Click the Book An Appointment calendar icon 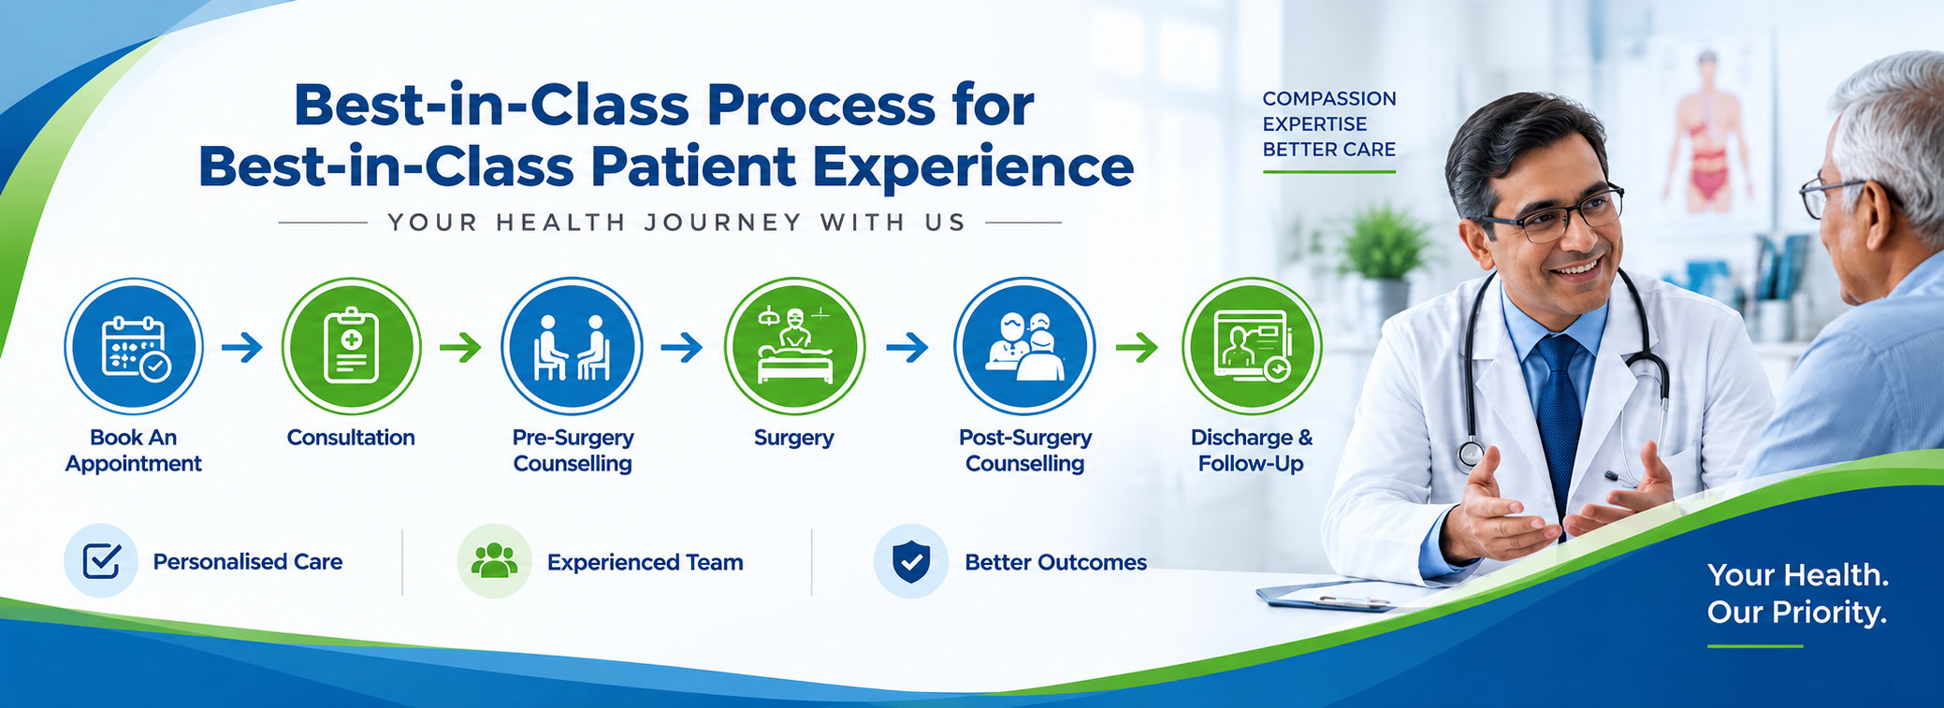pos(134,346)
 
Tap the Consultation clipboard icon pos(351,346)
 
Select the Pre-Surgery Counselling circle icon pos(572,346)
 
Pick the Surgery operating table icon pos(794,346)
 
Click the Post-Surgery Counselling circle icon pos(1024,346)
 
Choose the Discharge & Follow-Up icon pos(1252,346)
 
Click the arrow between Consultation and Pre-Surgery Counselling pos(460,348)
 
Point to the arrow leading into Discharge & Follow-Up pos(1137,348)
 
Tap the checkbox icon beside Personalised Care pos(101,561)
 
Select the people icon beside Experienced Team pos(494,561)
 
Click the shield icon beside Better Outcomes pos(911,561)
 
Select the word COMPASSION pos(1329,98)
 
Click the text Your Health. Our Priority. pos(1797,593)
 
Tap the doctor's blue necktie pos(1560,421)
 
